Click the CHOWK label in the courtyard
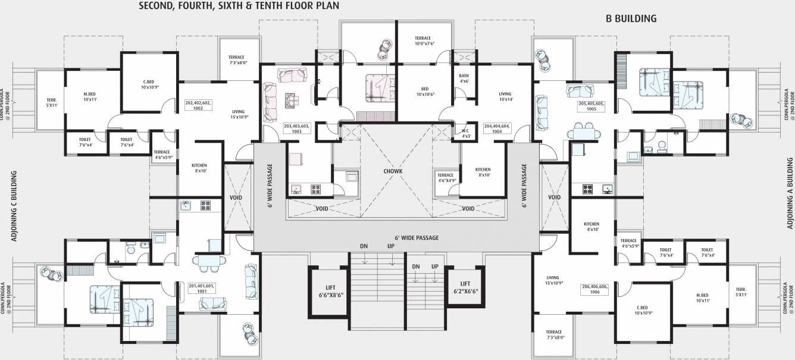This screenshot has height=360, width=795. coord(393,171)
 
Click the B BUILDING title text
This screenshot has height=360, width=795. coord(631,18)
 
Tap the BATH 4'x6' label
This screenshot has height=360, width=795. coord(464,78)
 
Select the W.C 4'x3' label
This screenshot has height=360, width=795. coord(467,133)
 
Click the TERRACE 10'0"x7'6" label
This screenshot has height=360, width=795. coord(425,40)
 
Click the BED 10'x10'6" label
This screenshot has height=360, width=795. coord(424,92)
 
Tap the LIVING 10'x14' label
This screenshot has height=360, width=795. coord(505,96)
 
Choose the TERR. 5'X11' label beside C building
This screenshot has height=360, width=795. coord(51,102)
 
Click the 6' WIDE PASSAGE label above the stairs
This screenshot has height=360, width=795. coord(417,237)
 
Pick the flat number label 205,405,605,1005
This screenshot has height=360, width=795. coord(591,106)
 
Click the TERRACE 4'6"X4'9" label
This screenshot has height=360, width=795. coord(446,178)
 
